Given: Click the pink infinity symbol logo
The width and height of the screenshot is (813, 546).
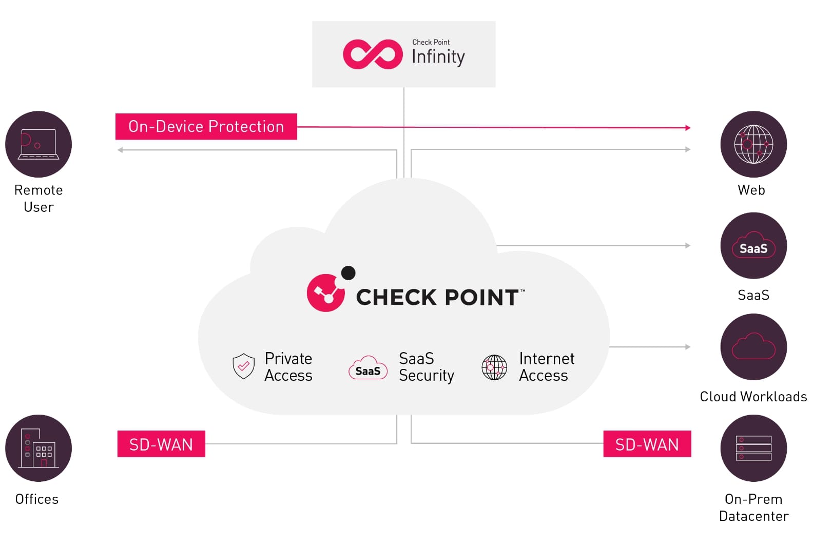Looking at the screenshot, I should [x=373, y=54].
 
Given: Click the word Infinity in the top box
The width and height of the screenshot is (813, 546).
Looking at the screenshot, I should [x=438, y=56].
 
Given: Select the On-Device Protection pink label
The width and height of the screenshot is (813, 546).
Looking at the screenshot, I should [x=206, y=126].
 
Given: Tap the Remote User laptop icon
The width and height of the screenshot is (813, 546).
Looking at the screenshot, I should [x=38, y=144].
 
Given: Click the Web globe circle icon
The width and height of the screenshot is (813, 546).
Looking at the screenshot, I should [x=753, y=144].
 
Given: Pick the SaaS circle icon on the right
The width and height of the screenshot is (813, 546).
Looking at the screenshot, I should [x=753, y=246].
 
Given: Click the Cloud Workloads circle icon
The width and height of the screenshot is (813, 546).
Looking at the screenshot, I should [x=753, y=347].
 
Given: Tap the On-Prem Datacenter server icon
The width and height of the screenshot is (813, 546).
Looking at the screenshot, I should [x=753, y=448].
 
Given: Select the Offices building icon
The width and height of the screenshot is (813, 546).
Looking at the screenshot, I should [x=38, y=448].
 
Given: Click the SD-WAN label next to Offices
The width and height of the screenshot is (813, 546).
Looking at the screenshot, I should [x=161, y=444].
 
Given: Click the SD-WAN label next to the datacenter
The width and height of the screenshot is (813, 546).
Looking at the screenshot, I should [x=647, y=444].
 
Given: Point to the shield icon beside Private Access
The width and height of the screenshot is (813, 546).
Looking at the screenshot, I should [x=243, y=366].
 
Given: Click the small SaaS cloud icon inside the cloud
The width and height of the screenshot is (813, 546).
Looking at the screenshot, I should [x=368, y=367].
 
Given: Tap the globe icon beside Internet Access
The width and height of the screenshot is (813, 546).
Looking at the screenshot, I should [x=494, y=367].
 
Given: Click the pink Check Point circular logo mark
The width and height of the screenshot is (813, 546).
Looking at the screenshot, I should [x=326, y=292].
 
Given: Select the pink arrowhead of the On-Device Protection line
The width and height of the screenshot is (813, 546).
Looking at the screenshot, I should [x=688, y=128].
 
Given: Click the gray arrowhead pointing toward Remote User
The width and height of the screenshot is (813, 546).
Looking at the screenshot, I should [x=120, y=150].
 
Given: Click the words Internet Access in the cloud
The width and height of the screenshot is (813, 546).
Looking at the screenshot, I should [x=546, y=366].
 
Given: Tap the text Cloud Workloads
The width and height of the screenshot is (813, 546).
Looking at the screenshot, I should [x=753, y=397].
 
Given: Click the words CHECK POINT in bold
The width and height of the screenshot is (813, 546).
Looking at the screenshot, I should [x=437, y=298].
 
